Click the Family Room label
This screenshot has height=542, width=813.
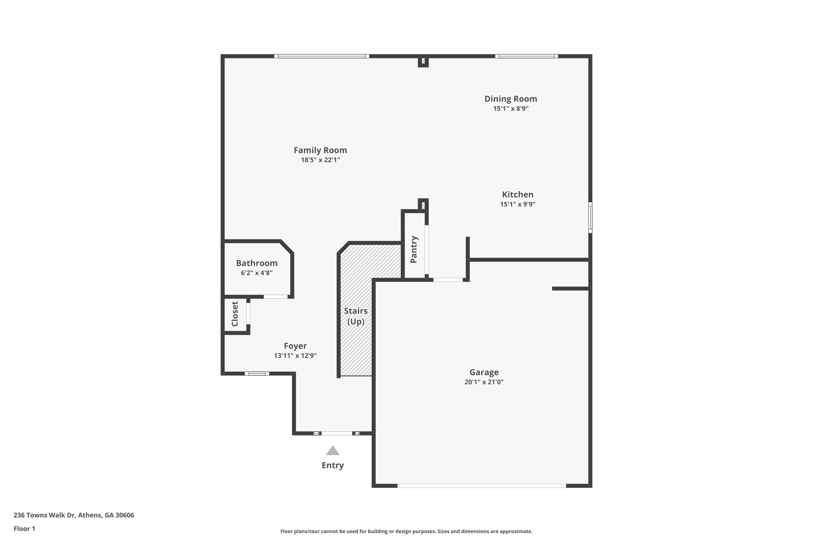(x=320, y=150)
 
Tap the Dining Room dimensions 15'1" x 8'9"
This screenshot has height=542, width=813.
(x=511, y=108)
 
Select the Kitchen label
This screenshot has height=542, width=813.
(x=518, y=195)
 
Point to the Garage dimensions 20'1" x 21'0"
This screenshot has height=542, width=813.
(x=484, y=382)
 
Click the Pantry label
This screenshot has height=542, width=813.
(x=414, y=249)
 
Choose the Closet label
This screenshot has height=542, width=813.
(x=235, y=314)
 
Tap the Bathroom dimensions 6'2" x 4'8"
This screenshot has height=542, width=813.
(x=256, y=273)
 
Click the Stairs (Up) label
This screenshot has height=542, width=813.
(x=356, y=316)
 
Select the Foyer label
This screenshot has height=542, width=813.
(x=295, y=346)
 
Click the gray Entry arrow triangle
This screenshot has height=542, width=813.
(x=333, y=451)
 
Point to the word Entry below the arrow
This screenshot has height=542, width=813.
(x=333, y=465)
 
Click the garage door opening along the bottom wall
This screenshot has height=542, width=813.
(x=481, y=485)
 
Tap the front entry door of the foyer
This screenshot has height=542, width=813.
(x=336, y=433)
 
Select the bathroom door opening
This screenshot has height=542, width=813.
(x=275, y=297)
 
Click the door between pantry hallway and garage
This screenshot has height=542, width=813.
(x=448, y=280)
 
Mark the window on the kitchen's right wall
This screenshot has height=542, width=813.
(x=590, y=217)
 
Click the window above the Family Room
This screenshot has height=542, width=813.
(x=322, y=56)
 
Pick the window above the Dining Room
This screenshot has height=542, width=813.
(x=526, y=56)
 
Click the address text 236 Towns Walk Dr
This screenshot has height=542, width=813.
(x=74, y=515)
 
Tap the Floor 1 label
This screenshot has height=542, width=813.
(x=24, y=528)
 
